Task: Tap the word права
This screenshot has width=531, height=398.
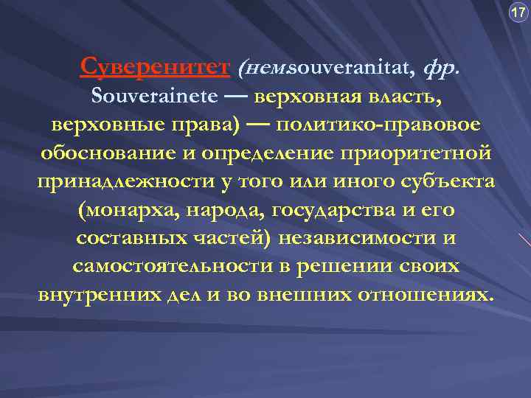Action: tap(204, 125)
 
